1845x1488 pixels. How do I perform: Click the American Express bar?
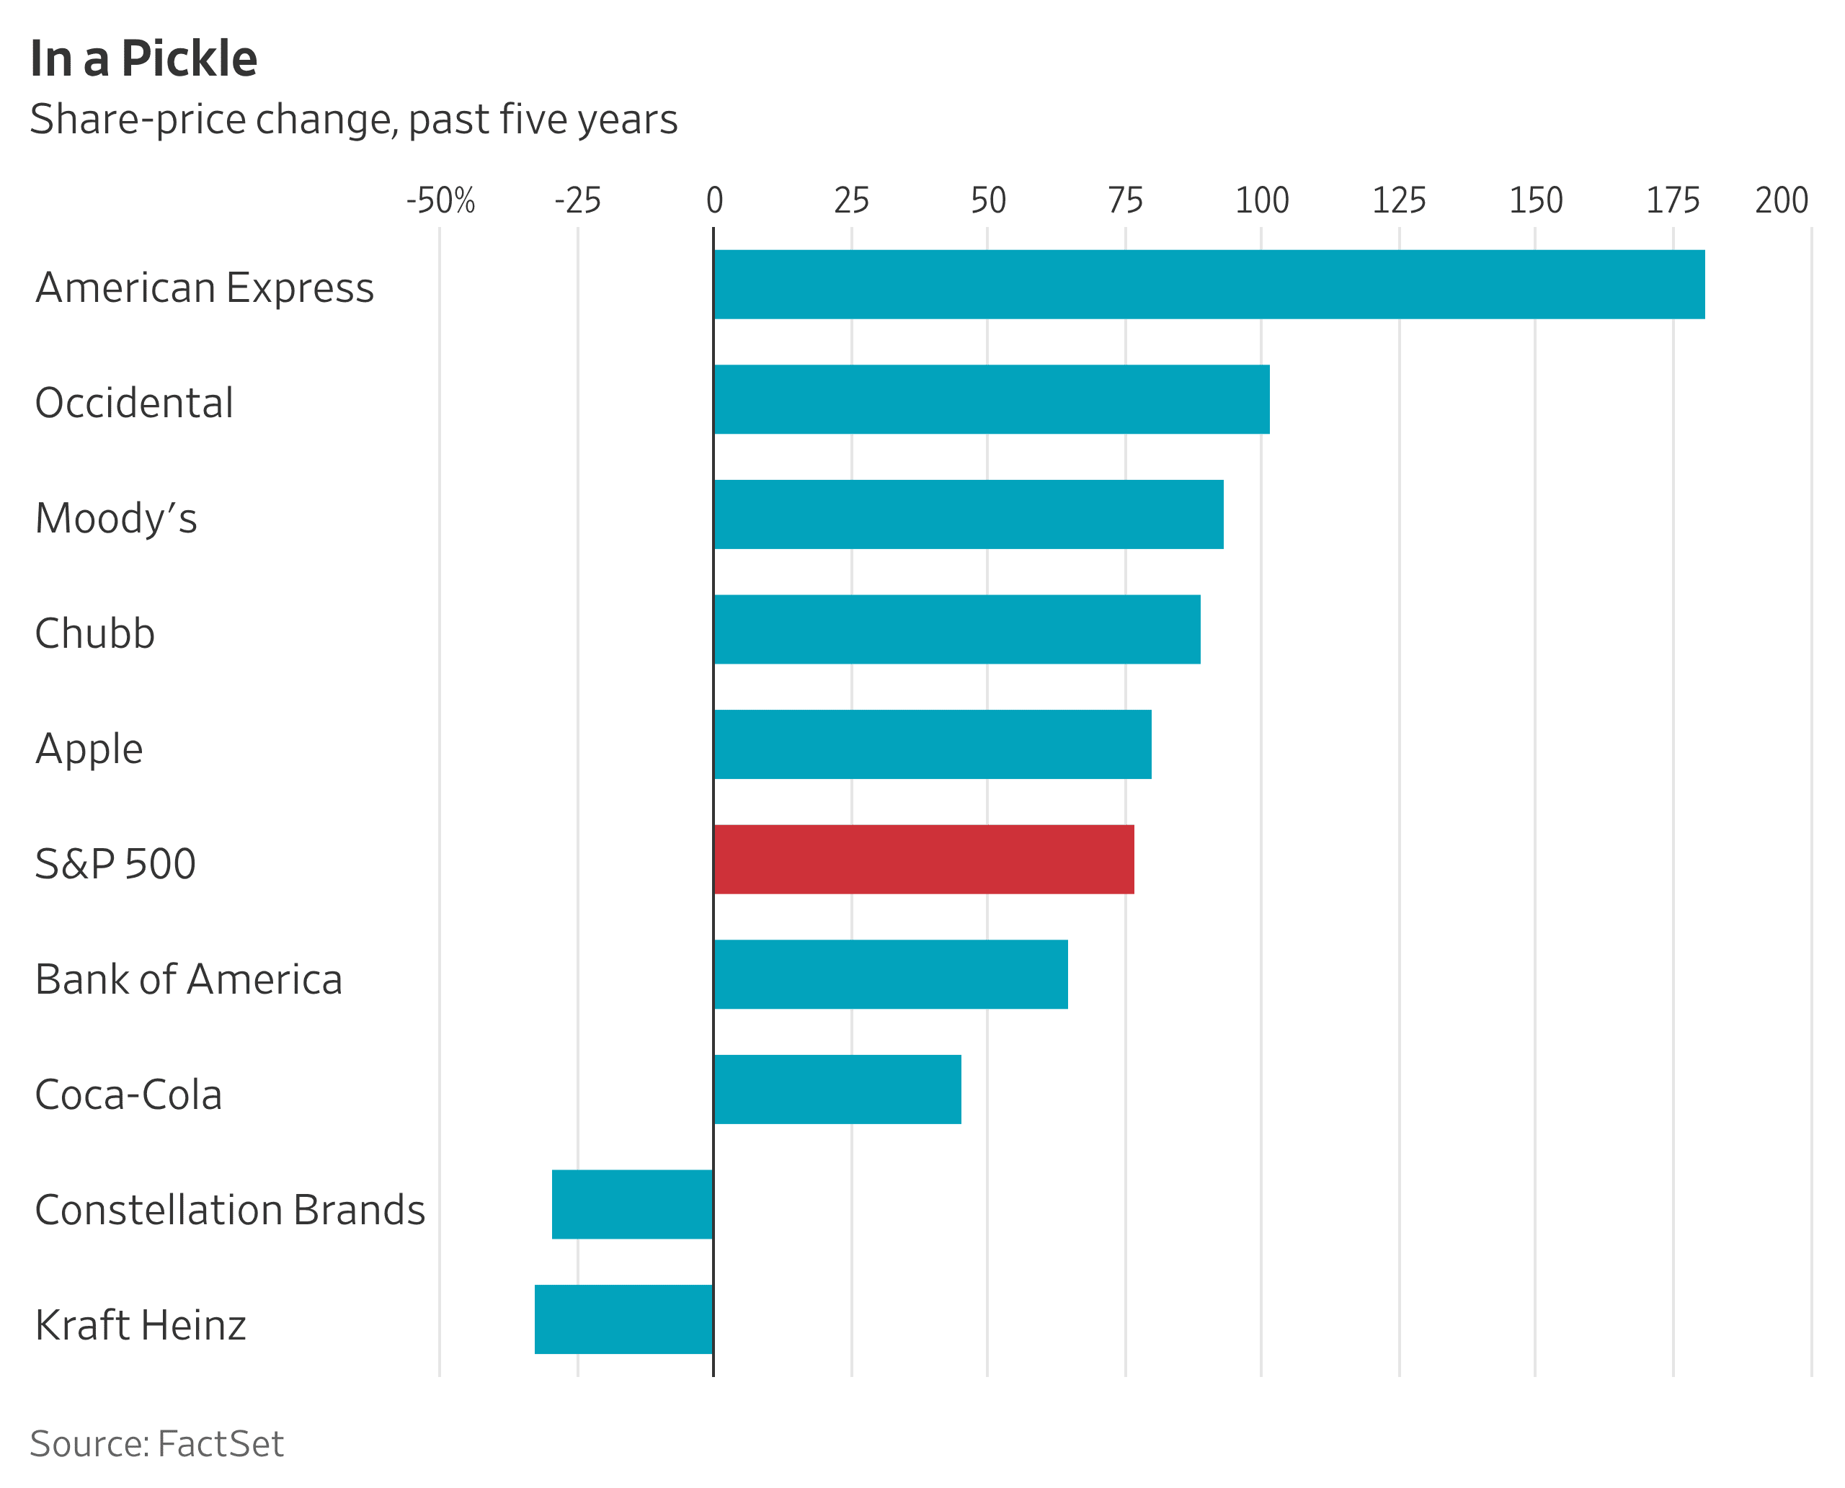coord(1209,285)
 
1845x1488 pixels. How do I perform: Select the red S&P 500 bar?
coord(923,860)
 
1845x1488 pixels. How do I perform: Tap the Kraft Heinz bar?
coord(623,1320)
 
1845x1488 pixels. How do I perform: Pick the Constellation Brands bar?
coord(632,1204)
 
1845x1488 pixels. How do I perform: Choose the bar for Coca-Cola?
coord(837,1090)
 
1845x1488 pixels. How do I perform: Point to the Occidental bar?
coord(991,399)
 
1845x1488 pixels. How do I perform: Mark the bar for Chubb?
coord(957,629)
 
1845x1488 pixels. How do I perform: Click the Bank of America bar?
coord(890,974)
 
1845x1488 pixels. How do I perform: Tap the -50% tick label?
coord(440,200)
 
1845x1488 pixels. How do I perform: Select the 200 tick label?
coord(1782,200)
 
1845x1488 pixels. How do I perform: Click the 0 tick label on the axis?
coord(714,200)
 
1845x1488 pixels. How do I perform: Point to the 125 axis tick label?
coord(1399,200)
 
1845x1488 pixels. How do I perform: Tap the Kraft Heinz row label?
coord(141,1325)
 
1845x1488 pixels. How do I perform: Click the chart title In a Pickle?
coord(144,59)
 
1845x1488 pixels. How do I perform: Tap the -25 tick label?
coord(578,200)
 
